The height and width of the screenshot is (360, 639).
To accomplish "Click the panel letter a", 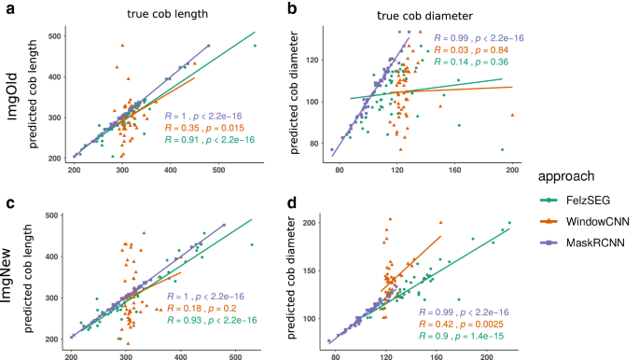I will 7,9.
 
